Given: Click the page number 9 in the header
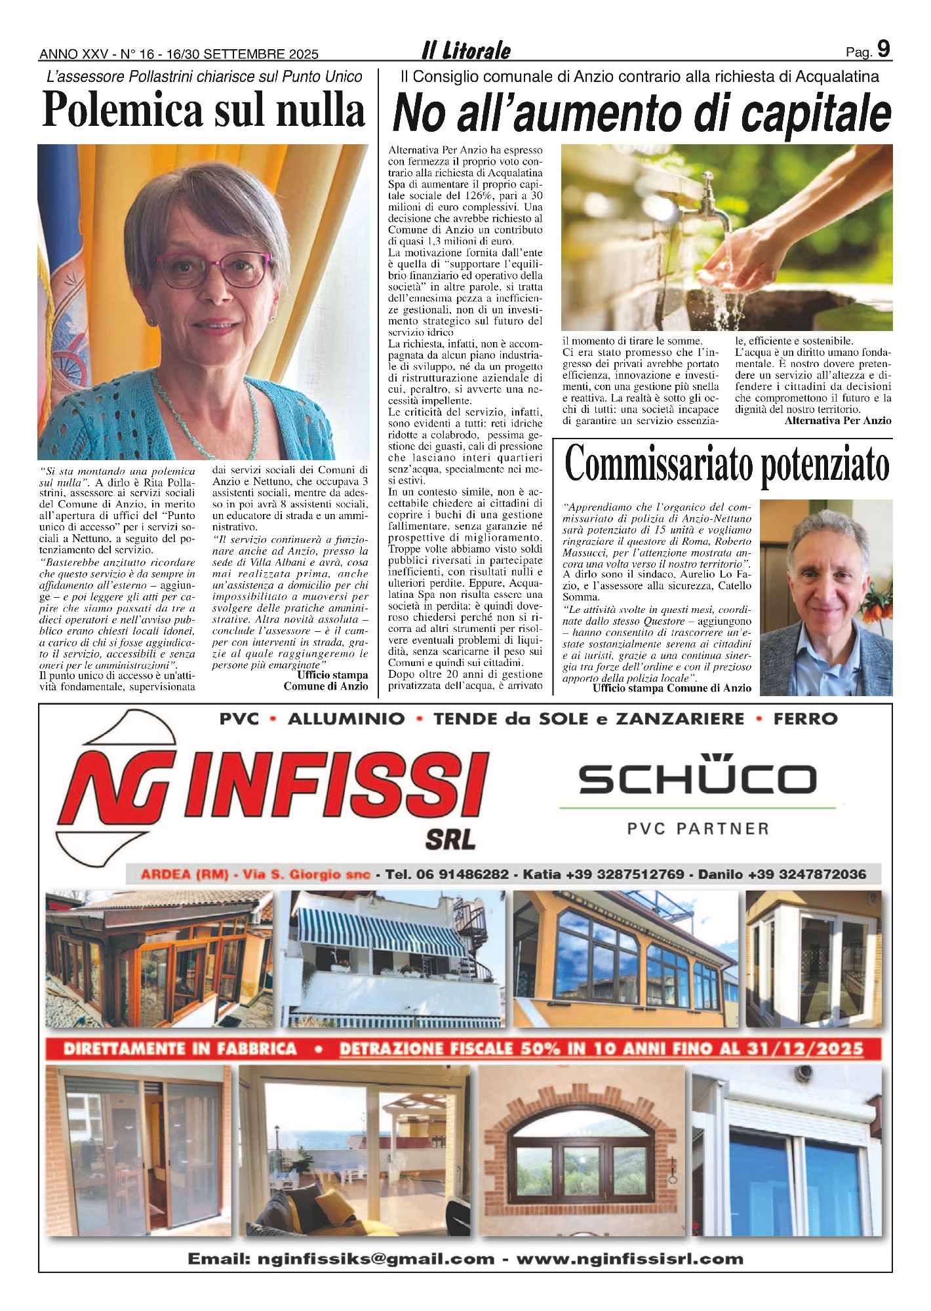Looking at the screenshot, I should point(883,49).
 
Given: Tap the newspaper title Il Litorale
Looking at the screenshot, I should point(466,50).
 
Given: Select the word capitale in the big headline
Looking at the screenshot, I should point(816,114).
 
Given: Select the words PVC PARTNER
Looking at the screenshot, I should point(698,829).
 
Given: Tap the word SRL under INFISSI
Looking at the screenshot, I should point(450,840).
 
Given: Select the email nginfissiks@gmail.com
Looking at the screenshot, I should point(341,1259).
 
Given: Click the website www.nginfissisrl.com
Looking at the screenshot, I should point(630,1259).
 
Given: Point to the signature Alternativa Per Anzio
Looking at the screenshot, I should point(837,421).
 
